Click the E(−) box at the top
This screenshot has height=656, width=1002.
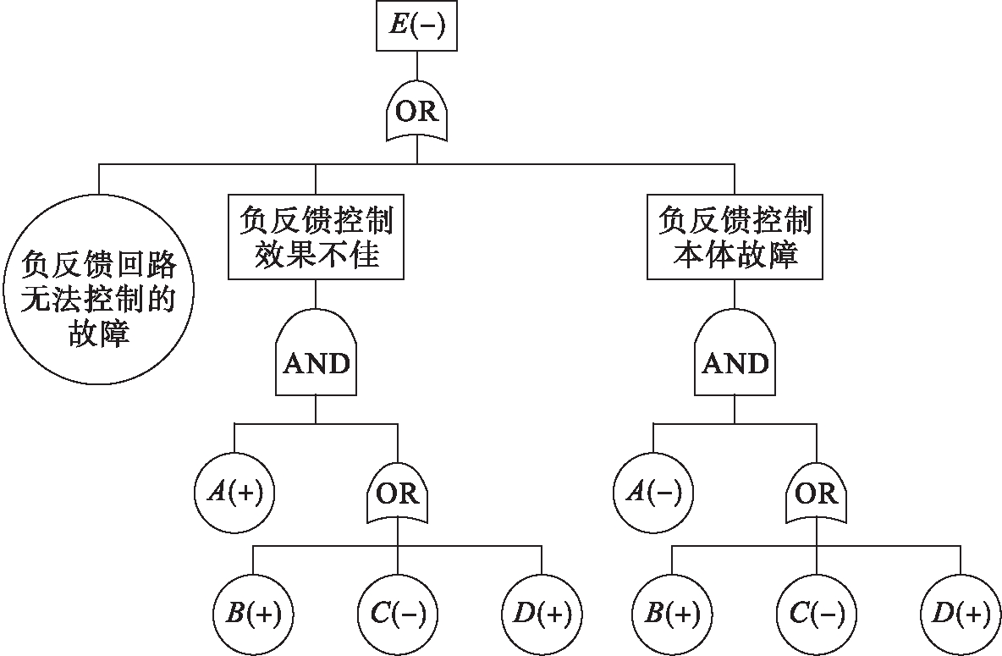tap(416, 28)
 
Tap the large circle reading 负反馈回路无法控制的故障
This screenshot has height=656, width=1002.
tap(98, 301)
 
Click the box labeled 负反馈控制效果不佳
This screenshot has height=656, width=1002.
tap(316, 238)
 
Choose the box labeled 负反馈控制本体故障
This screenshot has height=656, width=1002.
tap(735, 238)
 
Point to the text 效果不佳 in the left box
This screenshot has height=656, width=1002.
tap(316, 255)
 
